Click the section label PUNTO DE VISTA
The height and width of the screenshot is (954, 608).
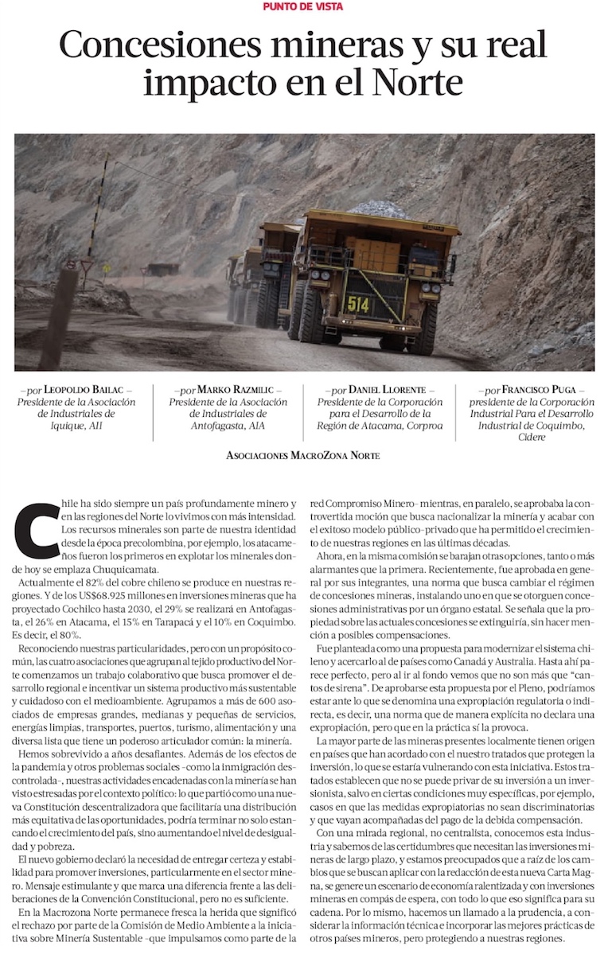coord(303,7)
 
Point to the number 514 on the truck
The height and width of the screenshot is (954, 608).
coord(358,303)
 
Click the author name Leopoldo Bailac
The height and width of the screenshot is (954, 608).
coord(88,390)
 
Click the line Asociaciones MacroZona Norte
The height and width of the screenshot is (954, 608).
coord(303,455)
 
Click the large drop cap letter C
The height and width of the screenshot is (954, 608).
coord(36,529)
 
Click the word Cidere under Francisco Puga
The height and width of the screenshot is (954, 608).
coord(532,438)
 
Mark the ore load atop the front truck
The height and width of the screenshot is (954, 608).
coord(378,208)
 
